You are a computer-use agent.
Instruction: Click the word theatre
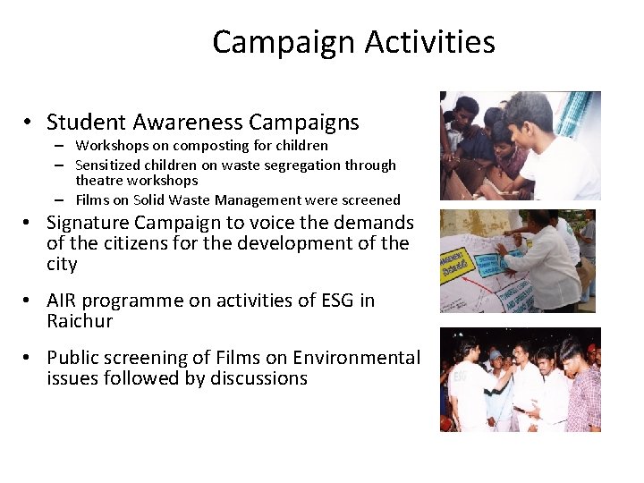[100, 181]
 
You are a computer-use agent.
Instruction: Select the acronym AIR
[64, 301]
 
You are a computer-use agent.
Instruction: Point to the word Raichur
[80, 321]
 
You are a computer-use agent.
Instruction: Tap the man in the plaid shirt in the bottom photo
[585, 394]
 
